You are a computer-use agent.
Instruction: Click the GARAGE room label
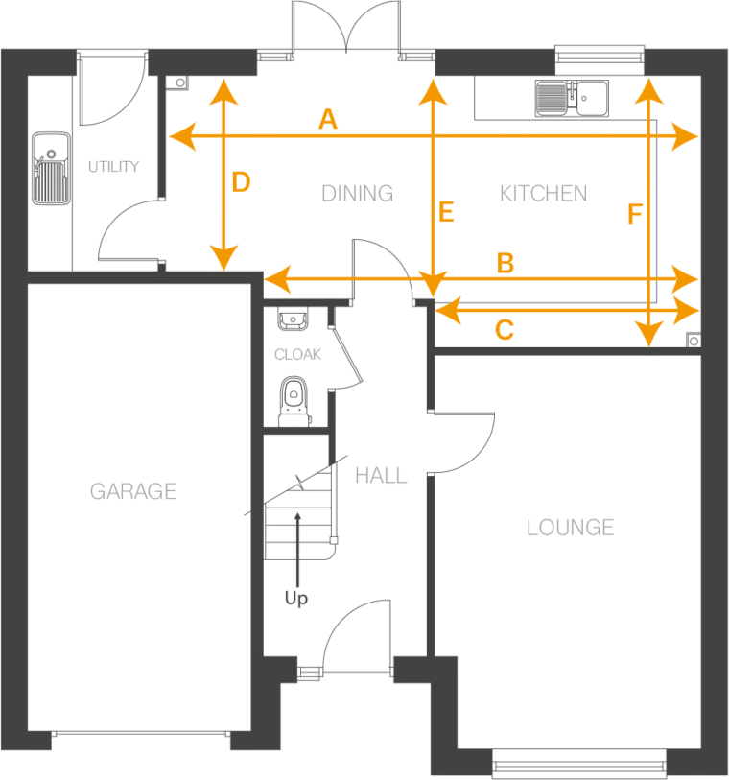[x=133, y=492]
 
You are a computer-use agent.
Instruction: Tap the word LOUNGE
[x=570, y=527]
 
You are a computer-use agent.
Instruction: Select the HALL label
[x=381, y=475]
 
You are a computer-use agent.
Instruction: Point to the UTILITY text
[x=113, y=167]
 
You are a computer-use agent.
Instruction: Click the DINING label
[x=357, y=194]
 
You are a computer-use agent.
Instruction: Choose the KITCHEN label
[x=543, y=194]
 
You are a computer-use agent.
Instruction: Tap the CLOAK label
[x=298, y=354]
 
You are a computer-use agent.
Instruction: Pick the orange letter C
[x=504, y=331]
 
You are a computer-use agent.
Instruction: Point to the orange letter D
[x=241, y=182]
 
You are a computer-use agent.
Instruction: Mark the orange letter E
[x=445, y=213]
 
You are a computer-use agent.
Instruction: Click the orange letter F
[x=634, y=215]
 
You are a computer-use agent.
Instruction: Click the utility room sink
[x=50, y=170]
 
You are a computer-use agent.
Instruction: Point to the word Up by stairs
[x=296, y=600]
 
